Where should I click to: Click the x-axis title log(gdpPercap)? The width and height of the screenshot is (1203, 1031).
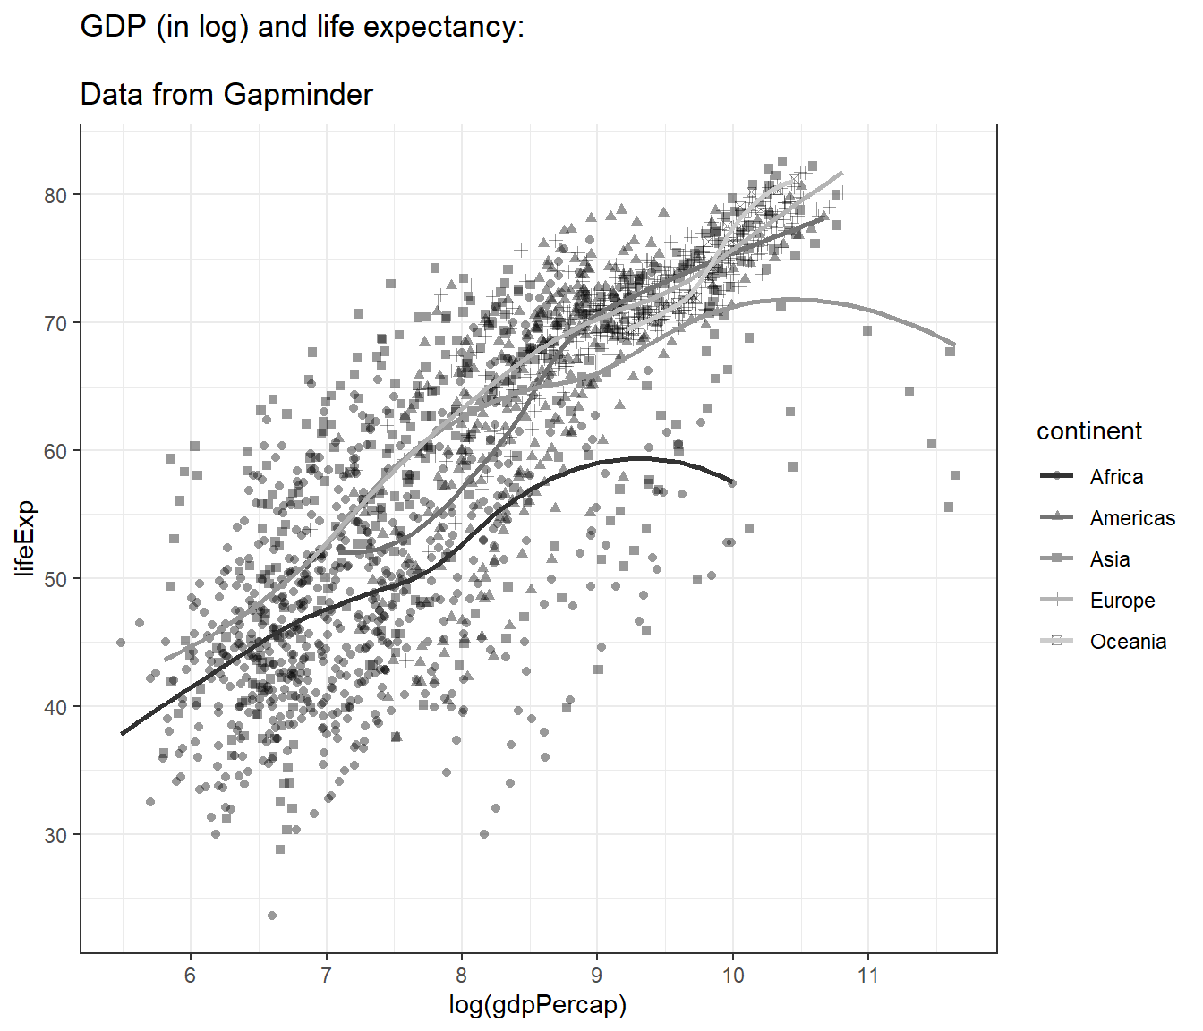pos(537,1005)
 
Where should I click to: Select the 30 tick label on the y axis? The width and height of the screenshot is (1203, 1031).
pos(55,835)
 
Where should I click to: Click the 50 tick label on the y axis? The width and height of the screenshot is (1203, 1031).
pos(55,579)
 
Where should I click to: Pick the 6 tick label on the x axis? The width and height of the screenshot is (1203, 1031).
pos(190,976)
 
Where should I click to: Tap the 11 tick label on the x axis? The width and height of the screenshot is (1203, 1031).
pos(867,976)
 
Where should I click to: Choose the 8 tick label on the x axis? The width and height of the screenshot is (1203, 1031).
pos(461,976)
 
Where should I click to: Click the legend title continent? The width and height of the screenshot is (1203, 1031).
pos(1089,431)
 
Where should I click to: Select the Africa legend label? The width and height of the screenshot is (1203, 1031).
pos(1116,477)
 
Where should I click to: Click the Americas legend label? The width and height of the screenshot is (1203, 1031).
pos(1132,518)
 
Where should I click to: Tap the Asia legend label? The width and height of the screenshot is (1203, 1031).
pos(1110,559)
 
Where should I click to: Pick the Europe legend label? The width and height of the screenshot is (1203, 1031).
pos(1122,601)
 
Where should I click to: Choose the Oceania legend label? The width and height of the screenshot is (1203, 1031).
pos(1128,642)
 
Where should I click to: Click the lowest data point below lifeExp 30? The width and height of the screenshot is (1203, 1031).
pos(272,916)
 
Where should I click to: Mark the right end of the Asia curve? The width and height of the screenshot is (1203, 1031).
pos(954,345)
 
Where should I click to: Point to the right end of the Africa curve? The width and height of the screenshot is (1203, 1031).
pos(733,482)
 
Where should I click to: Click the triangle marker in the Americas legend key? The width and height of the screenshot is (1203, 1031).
pos(1057,517)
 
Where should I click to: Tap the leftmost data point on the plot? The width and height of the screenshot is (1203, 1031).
pos(121,643)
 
